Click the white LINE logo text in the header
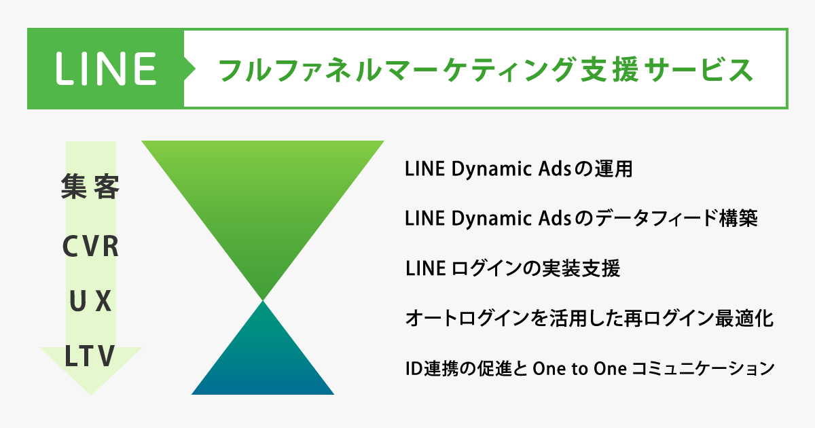[106, 69]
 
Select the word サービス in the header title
[698, 69]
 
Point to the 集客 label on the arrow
[90, 186]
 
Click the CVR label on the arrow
[90, 247]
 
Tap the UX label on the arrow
[90, 301]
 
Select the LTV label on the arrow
[90, 355]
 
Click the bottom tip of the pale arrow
[91, 395]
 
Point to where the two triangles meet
[263, 301]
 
